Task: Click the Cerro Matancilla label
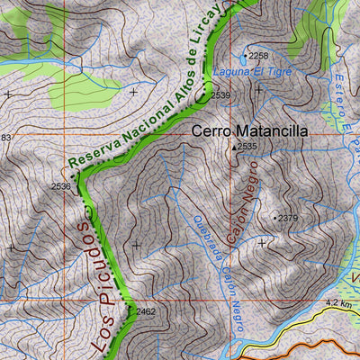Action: (249, 130)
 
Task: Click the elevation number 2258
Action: (258, 56)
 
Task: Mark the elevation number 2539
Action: (221, 94)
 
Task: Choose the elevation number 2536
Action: (60, 186)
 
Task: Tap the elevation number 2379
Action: (288, 219)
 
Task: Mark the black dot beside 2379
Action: (275, 218)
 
